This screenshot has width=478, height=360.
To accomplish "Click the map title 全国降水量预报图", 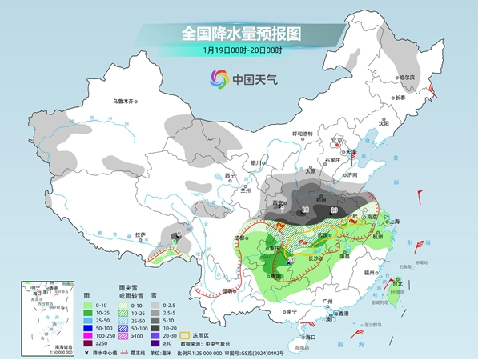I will (240, 34).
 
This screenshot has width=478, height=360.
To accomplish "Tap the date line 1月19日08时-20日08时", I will (240, 51).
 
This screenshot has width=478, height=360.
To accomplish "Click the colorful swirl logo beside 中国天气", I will (219, 78).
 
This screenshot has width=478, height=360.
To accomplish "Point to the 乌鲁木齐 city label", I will (125, 101).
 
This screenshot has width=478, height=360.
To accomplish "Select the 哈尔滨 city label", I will (407, 78).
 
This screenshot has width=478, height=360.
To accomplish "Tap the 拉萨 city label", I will (141, 234).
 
